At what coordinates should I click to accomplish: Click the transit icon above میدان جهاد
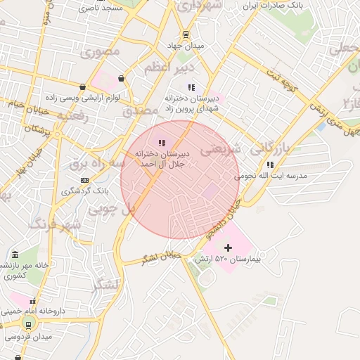pyautogui.click(x=185, y=34)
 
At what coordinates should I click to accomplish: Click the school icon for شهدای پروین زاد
pyautogui.click(x=191, y=87)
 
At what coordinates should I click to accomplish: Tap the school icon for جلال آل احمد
pyautogui.click(x=162, y=142)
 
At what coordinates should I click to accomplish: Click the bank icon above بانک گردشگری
pyautogui.click(x=85, y=180)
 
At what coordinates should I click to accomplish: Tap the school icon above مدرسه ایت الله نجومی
pyautogui.click(x=270, y=165)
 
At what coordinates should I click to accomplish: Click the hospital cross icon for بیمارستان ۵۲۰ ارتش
pyautogui.click(x=228, y=247)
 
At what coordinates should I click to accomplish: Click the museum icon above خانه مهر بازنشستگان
pyautogui.click(x=15, y=254)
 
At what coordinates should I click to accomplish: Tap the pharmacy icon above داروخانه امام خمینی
pyautogui.click(x=32, y=302)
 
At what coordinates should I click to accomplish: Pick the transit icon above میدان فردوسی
pyautogui.click(x=28, y=325)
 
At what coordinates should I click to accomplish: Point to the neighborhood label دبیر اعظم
pyautogui.click(x=167, y=69)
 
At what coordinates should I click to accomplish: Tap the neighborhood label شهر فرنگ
pyautogui.click(x=55, y=225)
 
